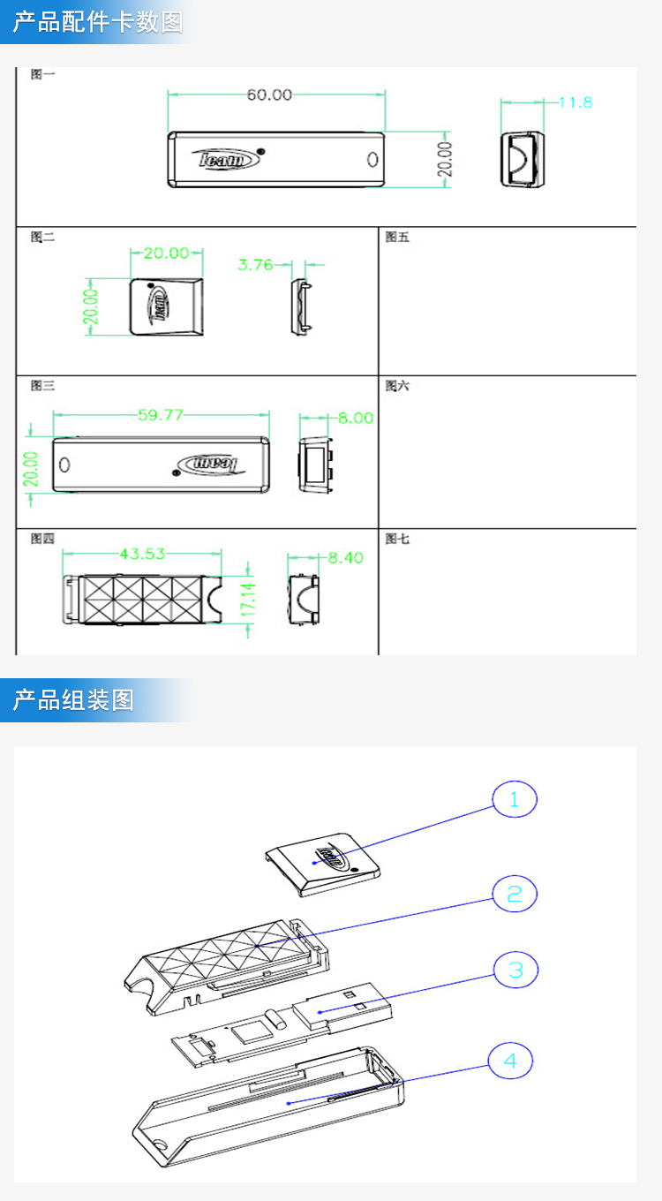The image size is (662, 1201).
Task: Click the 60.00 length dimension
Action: tap(269, 94)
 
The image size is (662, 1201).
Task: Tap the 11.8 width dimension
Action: tap(575, 102)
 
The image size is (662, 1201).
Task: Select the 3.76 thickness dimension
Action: tap(256, 264)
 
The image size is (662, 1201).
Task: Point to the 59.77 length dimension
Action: tap(161, 415)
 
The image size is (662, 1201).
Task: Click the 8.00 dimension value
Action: tap(356, 418)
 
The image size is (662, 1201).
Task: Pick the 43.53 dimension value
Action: tap(142, 555)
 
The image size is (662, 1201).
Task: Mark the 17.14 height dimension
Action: tap(249, 599)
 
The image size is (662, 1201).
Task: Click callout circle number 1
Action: tap(515, 800)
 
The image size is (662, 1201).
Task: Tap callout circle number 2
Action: tap(515, 895)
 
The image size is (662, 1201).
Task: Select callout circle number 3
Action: tap(515, 971)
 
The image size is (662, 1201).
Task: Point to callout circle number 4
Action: tap(511, 1060)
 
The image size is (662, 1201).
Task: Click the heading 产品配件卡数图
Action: tap(97, 22)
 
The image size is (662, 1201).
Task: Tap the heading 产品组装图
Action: tap(73, 700)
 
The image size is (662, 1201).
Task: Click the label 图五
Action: tap(398, 237)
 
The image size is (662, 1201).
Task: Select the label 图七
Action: tap(398, 539)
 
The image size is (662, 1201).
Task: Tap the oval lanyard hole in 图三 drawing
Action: tap(64, 465)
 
